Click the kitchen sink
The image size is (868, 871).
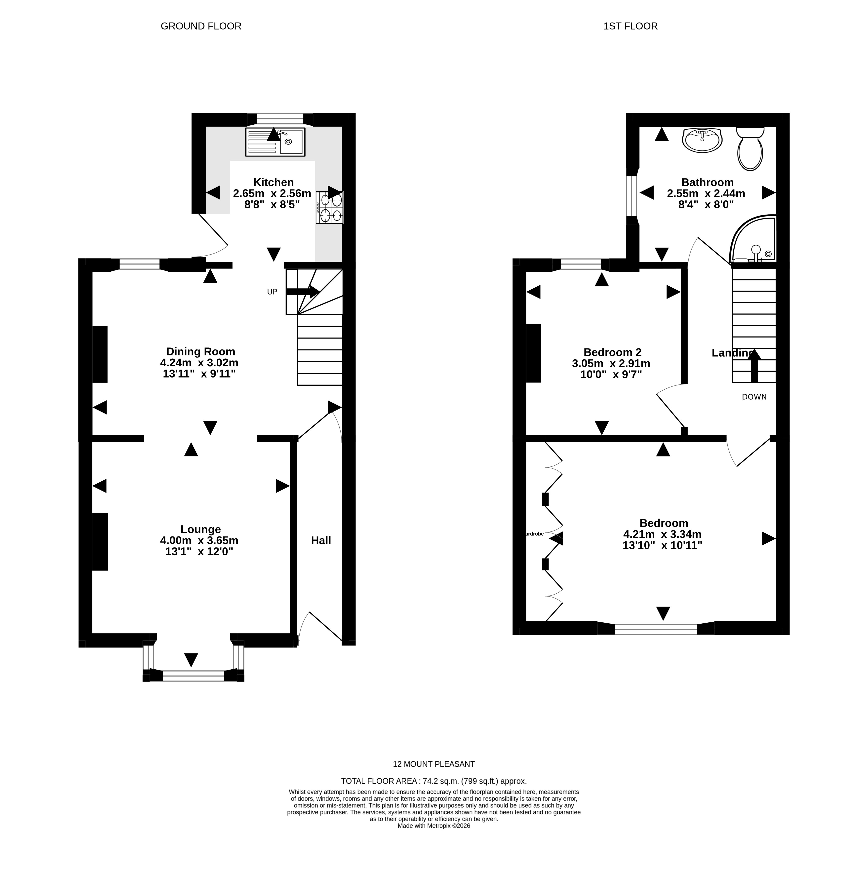coord(275,142)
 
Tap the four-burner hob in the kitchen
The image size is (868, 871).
coord(330,207)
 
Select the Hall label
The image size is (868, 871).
coord(321,540)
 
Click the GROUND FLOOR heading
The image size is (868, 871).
coord(201,26)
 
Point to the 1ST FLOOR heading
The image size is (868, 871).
coord(630,26)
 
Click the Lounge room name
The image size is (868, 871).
coord(201,529)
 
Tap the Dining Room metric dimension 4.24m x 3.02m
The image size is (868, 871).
coord(199,363)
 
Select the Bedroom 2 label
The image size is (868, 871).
coord(612,352)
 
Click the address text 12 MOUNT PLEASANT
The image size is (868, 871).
coord(434,764)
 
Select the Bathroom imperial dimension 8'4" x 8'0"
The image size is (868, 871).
coord(706,204)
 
